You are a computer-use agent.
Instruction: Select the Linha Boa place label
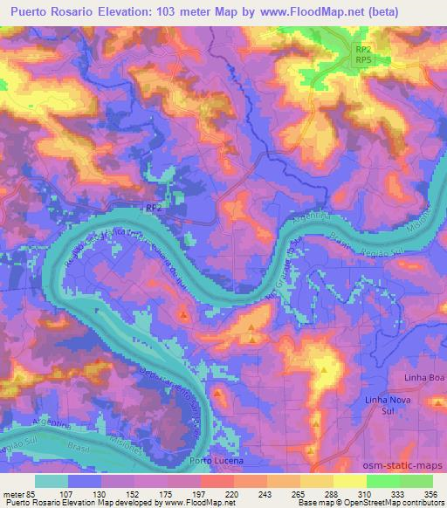pos(425,376)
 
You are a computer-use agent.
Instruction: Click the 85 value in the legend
pos(31,493)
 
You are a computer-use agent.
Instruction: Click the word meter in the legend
pos(14,493)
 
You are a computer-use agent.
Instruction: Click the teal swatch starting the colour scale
pos(52,481)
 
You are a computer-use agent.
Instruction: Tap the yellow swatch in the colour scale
pos(317,481)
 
